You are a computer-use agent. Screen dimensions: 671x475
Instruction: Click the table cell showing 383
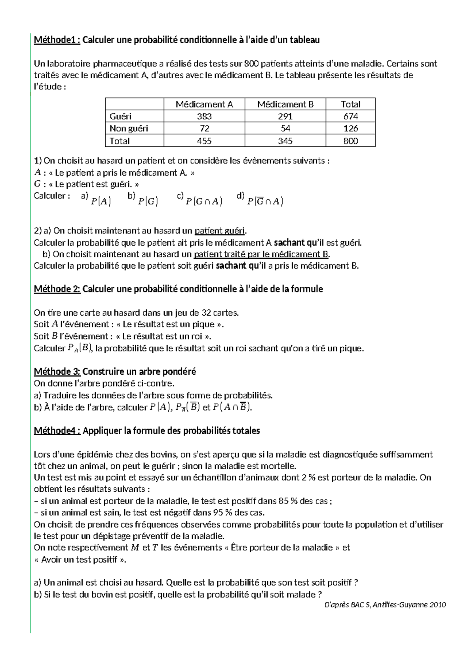point(204,116)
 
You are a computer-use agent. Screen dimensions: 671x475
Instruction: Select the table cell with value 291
point(285,116)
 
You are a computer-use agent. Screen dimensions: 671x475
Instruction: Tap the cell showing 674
point(351,116)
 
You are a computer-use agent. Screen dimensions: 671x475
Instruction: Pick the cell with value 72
point(205,129)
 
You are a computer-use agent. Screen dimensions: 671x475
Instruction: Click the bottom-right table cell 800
point(351,141)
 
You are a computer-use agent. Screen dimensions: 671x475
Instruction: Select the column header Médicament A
point(204,104)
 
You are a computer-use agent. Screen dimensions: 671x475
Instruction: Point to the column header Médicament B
point(285,104)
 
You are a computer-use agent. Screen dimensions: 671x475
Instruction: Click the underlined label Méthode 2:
point(57,289)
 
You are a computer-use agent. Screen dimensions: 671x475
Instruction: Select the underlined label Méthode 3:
point(57,372)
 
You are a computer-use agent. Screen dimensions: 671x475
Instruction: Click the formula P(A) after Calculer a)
point(101,201)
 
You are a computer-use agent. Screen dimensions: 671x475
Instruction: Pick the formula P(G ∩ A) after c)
point(204,201)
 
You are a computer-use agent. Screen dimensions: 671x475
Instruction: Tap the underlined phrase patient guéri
point(220,231)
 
